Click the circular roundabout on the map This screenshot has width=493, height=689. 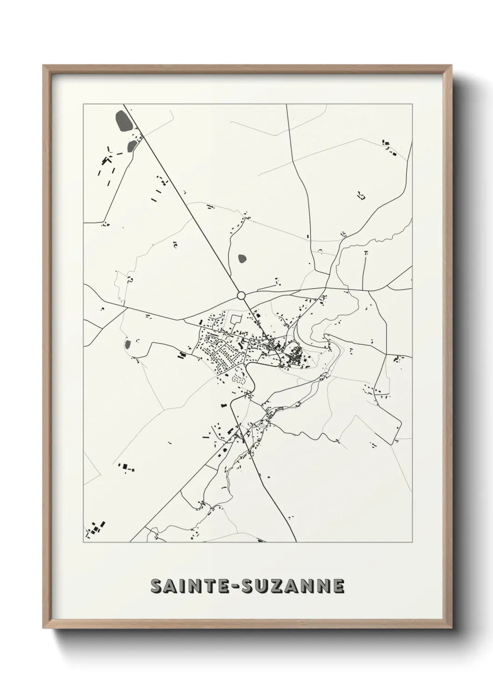tap(241, 295)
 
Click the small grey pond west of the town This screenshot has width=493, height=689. tap(127, 344)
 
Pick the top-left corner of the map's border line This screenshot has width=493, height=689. tap(83, 104)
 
